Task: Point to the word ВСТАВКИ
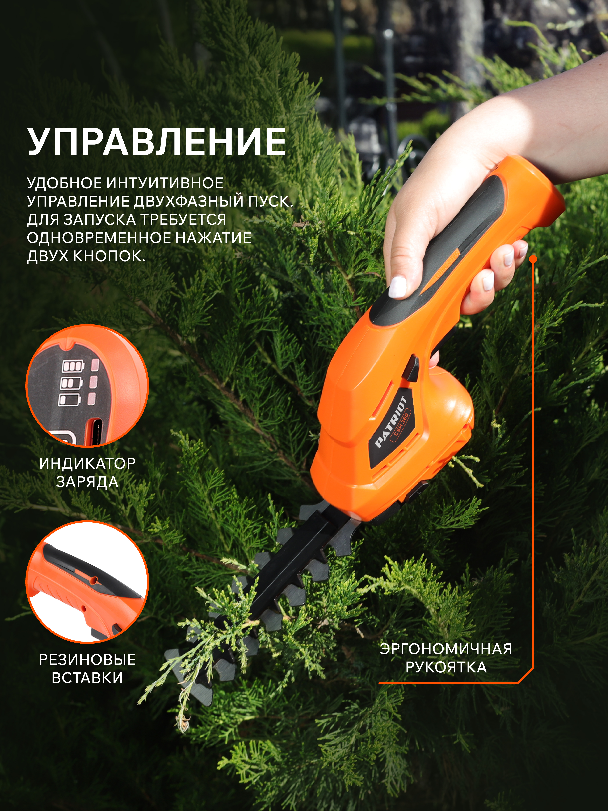click(87, 678)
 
